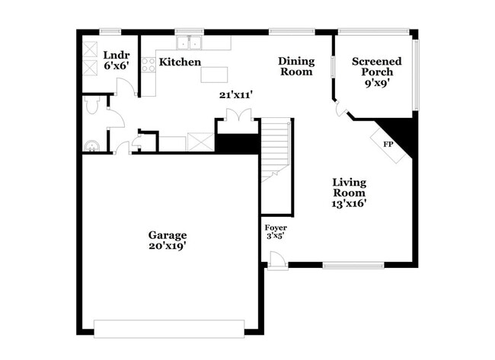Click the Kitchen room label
pyautogui.click(x=180, y=62)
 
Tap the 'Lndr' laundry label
pyautogui.click(x=117, y=56)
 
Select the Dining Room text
pyautogui.click(x=295, y=66)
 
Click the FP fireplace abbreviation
pyautogui.click(x=388, y=144)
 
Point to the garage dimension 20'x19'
pyautogui.click(x=168, y=246)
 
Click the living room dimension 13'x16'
pyautogui.click(x=350, y=203)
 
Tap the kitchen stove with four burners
pyautogui.click(x=148, y=66)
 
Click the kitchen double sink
pyautogui.click(x=187, y=43)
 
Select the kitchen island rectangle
pyautogui.click(x=215, y=75)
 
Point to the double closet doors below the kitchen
pyautogui.click(x=235, y=115)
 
